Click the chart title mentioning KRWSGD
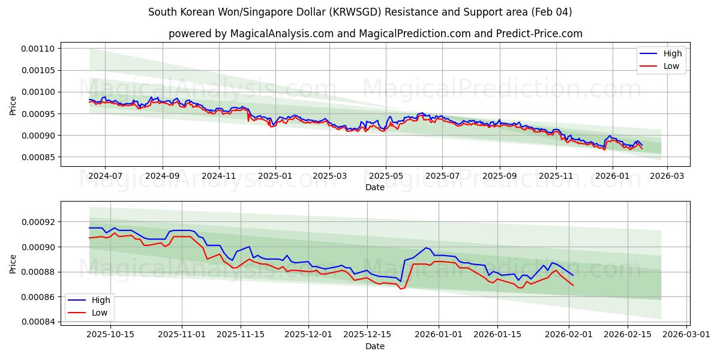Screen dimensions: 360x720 (360, 12)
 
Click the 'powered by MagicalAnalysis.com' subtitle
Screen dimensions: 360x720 (375, 34)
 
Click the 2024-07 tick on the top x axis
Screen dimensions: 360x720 (105, 176)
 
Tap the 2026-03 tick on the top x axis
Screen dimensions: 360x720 (668, 176)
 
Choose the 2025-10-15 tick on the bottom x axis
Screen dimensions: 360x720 (110, 335)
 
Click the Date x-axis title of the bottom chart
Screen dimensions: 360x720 (375, 346)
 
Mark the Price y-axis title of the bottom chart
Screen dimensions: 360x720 (13, 263)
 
